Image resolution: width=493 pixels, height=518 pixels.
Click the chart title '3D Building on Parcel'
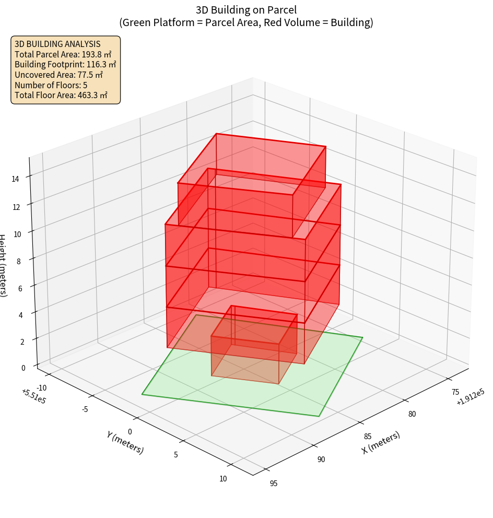246,9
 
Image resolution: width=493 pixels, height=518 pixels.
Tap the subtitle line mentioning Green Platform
246,22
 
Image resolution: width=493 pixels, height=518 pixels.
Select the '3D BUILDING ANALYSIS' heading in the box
57,44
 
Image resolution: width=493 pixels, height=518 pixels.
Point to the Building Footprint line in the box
65,64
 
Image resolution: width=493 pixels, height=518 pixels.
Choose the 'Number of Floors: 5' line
51,85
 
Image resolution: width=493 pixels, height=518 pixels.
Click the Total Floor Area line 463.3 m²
61,95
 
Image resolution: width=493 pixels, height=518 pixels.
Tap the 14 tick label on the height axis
16,179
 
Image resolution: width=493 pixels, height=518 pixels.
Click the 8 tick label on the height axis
18,260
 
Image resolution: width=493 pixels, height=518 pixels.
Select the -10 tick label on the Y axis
42,387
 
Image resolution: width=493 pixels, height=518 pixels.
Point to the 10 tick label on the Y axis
222,478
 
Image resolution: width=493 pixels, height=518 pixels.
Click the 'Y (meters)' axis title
125,442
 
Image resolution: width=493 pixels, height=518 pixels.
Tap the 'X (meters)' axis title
381,442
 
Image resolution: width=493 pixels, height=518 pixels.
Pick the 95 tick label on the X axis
273,483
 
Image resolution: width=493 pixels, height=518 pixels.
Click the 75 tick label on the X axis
455,392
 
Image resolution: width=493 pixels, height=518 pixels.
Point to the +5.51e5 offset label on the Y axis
34,396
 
